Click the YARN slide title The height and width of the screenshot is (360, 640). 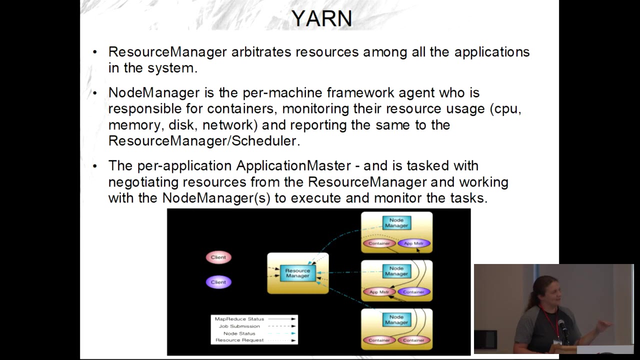tap(321, 19)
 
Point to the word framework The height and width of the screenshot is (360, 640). tap(360, 92)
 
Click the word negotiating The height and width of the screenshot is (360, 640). tap(143, 182)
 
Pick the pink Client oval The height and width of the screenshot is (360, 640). tap(218, 257)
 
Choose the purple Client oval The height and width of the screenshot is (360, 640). tap(218, 282)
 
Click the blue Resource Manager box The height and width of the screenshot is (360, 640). tap(297, 273)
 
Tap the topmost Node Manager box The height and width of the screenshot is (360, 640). tap(396, 223)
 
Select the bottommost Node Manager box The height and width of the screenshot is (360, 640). tap(396, 319)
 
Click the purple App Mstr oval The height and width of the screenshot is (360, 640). tap(413, 243)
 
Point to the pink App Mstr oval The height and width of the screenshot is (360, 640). tap(379, 292)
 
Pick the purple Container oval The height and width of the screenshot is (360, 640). tap(413, 292)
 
